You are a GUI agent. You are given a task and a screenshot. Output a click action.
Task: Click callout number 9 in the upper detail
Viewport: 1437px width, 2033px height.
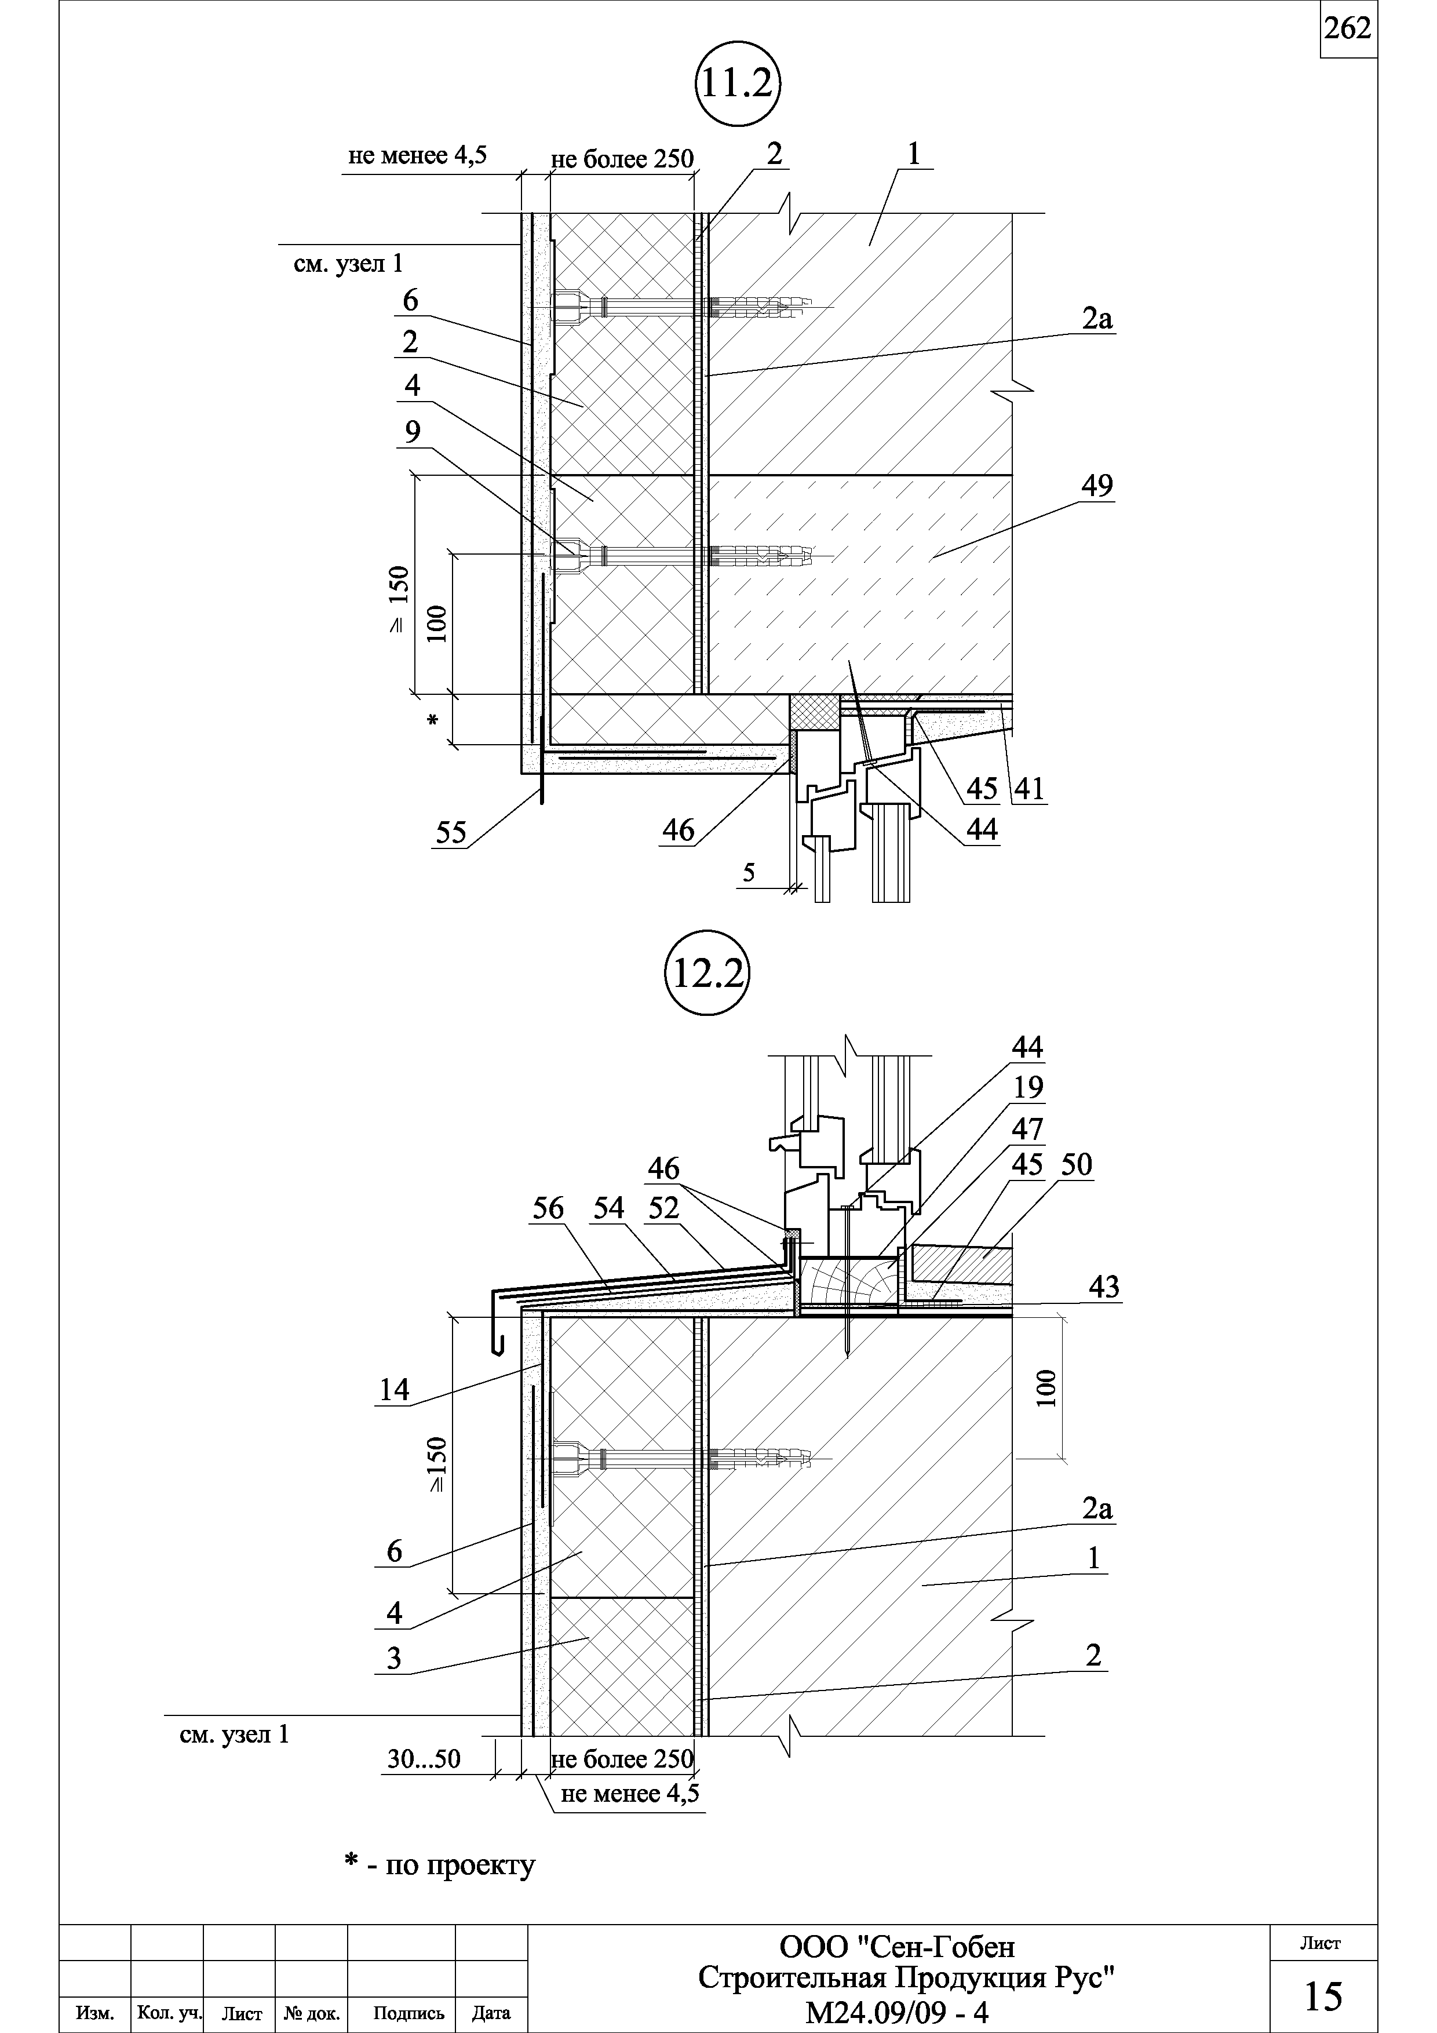pos(413,432)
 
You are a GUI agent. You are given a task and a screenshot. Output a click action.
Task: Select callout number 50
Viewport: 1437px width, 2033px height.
pos(1077,1165)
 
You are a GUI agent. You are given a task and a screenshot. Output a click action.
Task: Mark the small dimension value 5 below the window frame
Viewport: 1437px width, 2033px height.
pos(749,873)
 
